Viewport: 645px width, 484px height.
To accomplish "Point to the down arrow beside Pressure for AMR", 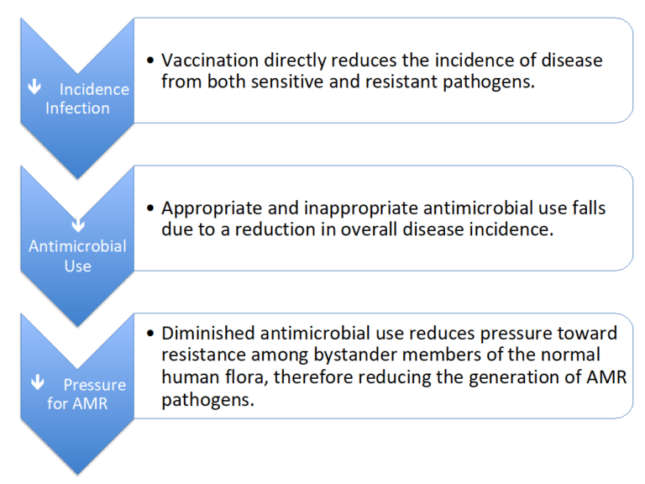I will point(37,383).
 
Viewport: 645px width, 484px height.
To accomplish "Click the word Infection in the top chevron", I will point(77,108).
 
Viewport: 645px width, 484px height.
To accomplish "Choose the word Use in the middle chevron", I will point(77,266).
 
